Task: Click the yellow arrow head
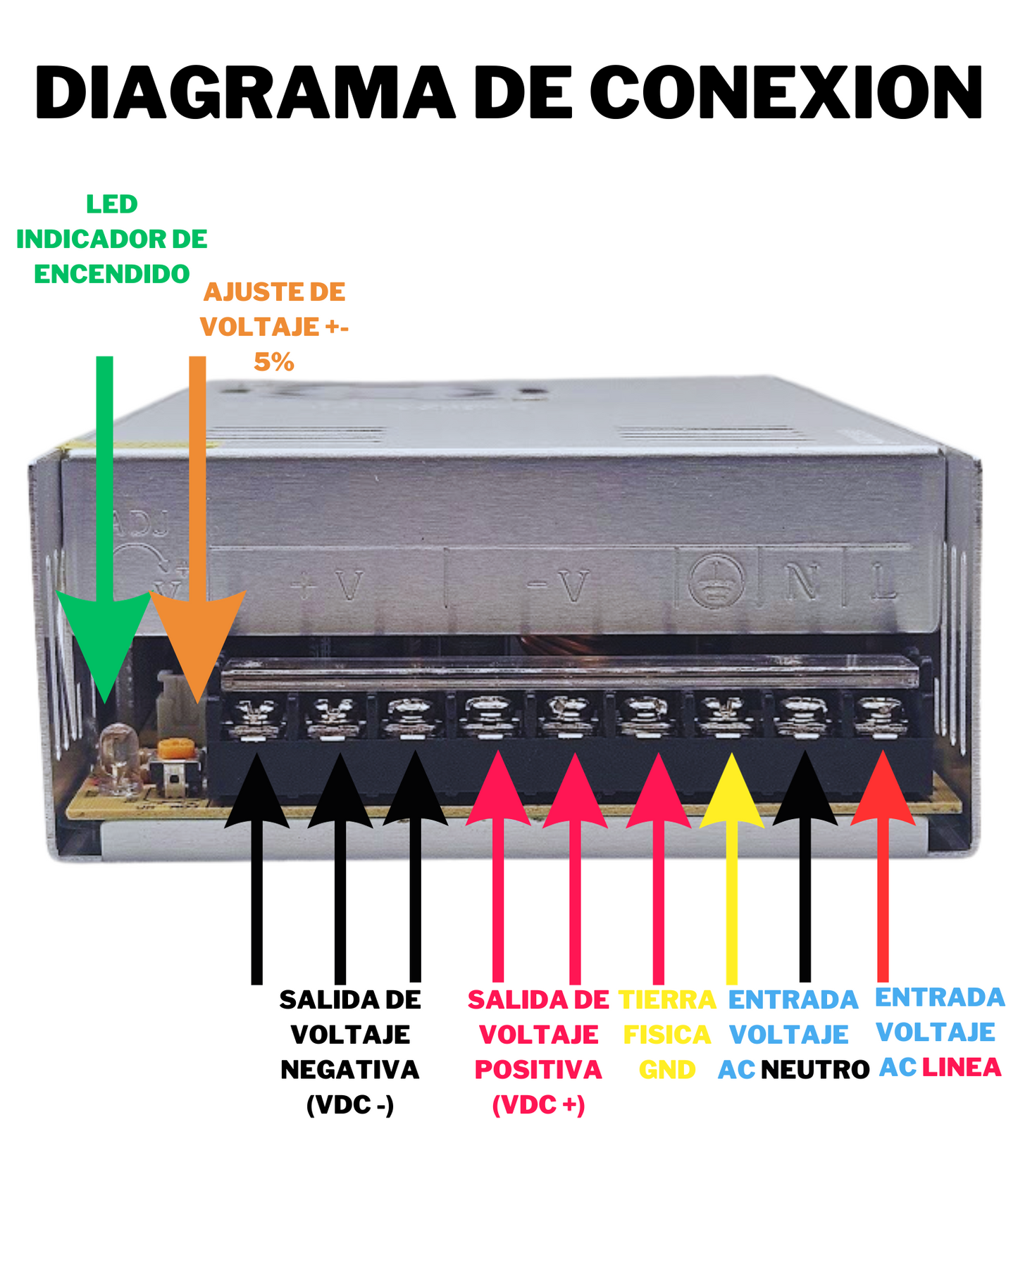pyautogui.click(x=732, y=792)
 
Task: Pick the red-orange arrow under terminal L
pyautogui.click(x=883, y=792)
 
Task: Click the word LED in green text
pyautogui.click(x=111, y=204)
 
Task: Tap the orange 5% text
pyautogui.click(x=273, y=362)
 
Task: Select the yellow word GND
pyautogui.click(x=667, y=1070)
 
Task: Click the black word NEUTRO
pyautogui.click(x=815, y=1070)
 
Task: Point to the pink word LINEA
pyautogui.click(x=962, y=1068)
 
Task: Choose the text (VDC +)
pyautogui.click(x=538, y=1104)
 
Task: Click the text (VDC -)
pyautogui.click(x=350, y=1104)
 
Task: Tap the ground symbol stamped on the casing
pyautogui.click(x=716, y=582)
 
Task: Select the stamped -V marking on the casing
pyautogui.click(x=559, y=585)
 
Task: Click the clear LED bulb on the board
pyautogui.click(x=118, y=755)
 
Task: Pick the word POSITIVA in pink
pyautogui.click(x=538, y=1070)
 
